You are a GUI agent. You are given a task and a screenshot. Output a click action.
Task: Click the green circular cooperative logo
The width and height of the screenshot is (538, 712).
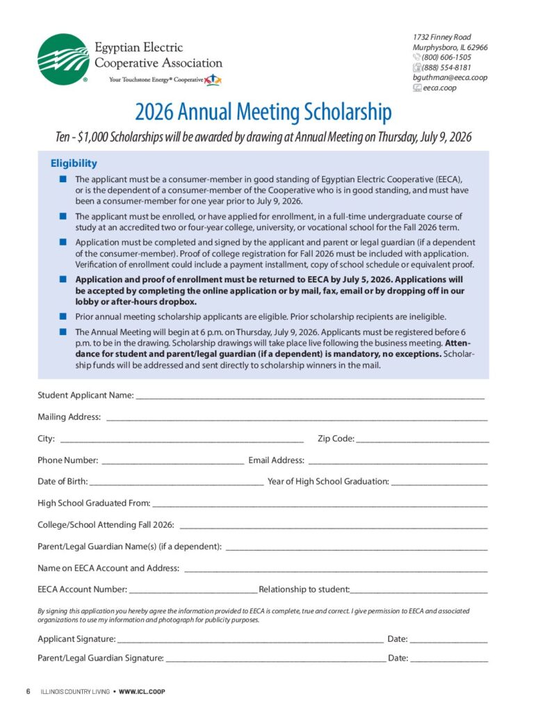63,60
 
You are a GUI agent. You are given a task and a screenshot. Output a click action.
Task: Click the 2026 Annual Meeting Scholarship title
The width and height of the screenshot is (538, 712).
263,111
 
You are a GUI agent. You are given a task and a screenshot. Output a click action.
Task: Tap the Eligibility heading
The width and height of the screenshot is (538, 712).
74,163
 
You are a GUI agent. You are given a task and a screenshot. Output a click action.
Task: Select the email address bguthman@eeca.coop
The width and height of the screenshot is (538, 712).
450,78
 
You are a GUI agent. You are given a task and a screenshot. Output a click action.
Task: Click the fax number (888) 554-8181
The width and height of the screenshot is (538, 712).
446,67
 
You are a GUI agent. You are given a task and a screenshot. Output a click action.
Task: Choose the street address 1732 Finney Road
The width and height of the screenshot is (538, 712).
441,37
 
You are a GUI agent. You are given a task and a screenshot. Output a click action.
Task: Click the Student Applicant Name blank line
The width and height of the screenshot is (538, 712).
310,396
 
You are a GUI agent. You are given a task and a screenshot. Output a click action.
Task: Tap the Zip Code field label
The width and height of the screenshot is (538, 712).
336,439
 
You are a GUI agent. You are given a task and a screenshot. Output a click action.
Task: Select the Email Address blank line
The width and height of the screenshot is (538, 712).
398,462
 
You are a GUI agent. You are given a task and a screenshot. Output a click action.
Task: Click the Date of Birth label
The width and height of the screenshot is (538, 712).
63,481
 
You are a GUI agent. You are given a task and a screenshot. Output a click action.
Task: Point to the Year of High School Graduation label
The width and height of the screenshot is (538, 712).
328,481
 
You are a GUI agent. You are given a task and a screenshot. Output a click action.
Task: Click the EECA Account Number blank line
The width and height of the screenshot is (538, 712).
193,591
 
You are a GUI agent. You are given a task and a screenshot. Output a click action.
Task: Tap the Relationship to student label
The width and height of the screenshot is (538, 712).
304,590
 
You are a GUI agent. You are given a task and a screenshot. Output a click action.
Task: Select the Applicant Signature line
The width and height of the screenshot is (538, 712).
250,640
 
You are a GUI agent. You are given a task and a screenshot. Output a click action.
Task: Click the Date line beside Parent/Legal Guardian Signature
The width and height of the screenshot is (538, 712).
449,660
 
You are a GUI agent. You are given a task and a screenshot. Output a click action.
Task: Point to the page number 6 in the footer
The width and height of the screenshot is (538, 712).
28,692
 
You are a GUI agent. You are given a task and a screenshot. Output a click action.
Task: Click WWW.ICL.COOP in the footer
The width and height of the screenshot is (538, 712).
142,692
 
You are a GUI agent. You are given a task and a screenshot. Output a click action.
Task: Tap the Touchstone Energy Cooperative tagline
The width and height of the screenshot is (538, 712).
156,80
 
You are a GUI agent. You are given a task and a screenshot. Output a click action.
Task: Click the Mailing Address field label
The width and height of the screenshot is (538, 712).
69,417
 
